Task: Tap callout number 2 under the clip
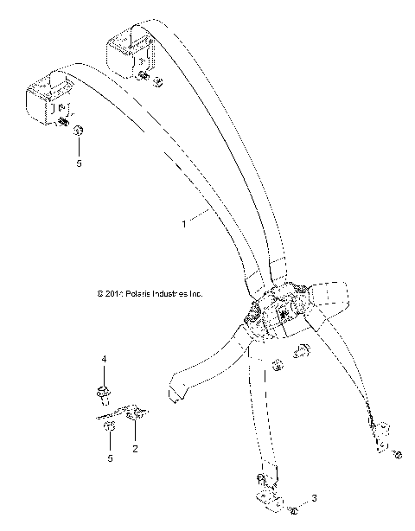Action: [135, 450]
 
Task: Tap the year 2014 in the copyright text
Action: [112, 294]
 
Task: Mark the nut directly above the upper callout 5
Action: [79, 131]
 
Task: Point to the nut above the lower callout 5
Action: [107, 428]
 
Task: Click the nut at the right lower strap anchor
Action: [397, 453]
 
